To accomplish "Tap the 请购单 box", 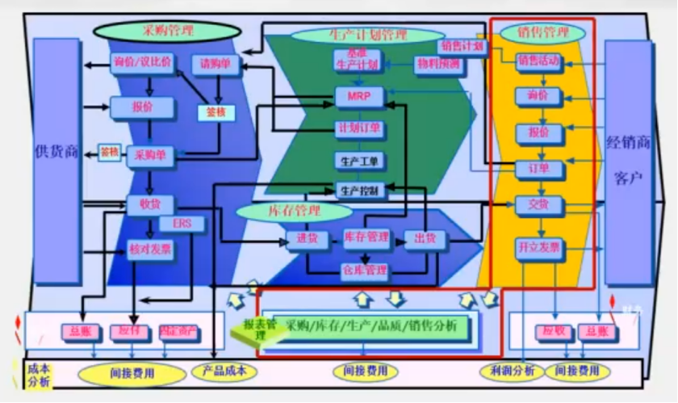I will click(x=216, y=64).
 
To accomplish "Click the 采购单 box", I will click(x=150, y=156).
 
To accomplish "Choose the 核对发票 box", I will click(x=150, y=250).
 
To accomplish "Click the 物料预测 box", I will click(x=438, y=63).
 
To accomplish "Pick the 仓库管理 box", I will click(x=364, y=270).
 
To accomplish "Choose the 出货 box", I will click(x=425, y=238).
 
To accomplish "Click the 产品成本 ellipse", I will click(x=225, y=372).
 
